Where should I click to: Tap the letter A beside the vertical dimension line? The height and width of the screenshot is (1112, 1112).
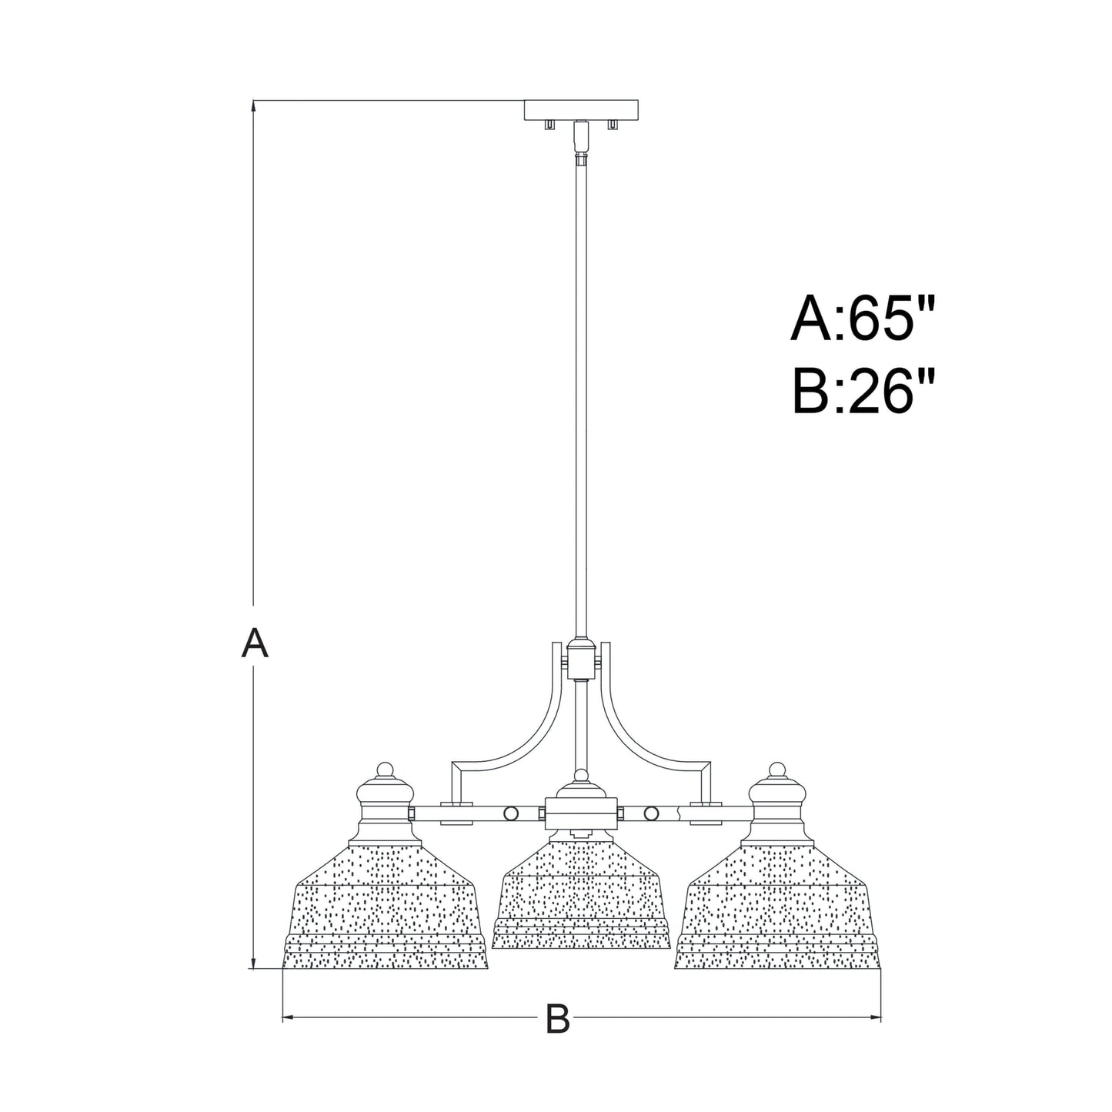(x=255, y=643)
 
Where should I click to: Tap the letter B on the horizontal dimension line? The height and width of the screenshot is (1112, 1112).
(x=557, y=1020)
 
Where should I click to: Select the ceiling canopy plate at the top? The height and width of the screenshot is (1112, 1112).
(x=581, y=110)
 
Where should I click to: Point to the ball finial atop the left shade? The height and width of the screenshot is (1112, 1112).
(x=385, y=769)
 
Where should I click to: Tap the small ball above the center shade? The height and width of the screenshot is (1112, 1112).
(x=581, y=775)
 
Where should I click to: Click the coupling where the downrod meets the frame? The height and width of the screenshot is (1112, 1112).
(x=581, y=660)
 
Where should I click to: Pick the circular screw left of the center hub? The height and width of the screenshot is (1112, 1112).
(x=510, y=813)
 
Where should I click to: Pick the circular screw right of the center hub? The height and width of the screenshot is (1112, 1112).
(x=652, y=813)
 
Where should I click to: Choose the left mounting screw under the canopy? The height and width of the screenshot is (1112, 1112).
(x=549, y=125)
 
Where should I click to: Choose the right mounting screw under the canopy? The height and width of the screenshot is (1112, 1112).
(x=613, y=125)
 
